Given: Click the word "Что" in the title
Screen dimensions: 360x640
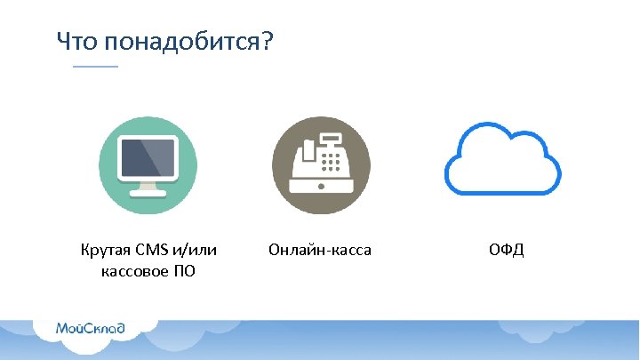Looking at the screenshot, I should pyautogui.click(x=76, y=41).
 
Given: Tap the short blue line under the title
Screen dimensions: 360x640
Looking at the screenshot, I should pyautogui.click(x=95, y=67).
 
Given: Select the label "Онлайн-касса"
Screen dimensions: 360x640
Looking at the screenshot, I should pyautogui.click(x=319, y=251).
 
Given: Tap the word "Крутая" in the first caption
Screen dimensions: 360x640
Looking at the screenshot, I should pyautogui.click(x=105, y=251).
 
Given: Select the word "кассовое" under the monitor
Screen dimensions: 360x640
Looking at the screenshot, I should pyautogui.click(x=132, y=271).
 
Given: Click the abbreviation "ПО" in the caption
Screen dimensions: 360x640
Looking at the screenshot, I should pyautogui.click(x=184, y=271).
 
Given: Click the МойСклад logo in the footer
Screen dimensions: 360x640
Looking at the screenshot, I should pyautogui.click(x=90, y=328).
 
